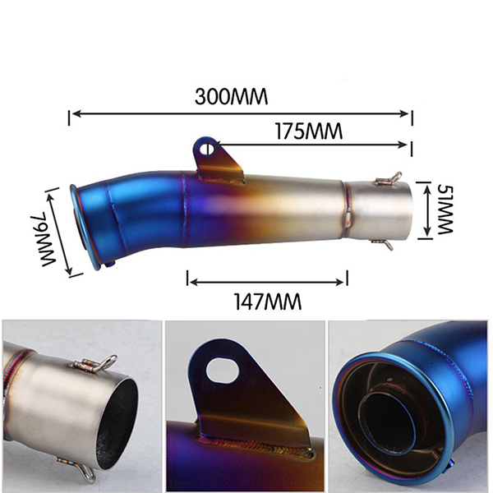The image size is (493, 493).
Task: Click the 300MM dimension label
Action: point(231,96)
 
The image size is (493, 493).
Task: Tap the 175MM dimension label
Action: point(309,131)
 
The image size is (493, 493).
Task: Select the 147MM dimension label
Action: point(268,302)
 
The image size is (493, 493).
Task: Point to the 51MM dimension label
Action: point(444,209)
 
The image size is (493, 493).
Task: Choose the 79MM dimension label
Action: point(47,240)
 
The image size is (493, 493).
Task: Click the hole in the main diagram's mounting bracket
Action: point(209,149)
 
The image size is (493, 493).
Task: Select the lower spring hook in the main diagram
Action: point(383,243)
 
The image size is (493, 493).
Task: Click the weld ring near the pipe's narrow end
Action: point(348,210)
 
